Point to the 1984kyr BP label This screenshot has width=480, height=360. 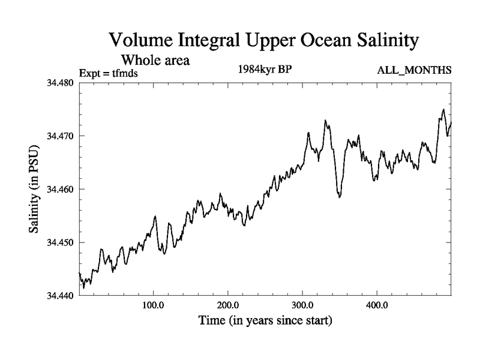[x=265, y=68]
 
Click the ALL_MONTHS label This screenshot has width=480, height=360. [x=413, y=71]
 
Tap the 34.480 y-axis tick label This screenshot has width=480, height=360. [x=59, y=82]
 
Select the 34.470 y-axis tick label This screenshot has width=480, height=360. [x=59, y=136]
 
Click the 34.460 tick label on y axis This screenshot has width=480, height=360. [x=59, y=190]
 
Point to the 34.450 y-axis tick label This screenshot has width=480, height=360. [x=59, y=242]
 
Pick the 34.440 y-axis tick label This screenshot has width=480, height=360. [x=59, y=296]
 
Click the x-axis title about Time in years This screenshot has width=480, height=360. [x=265, y=321]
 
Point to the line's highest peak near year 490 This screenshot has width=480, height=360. [x=443, y=110]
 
